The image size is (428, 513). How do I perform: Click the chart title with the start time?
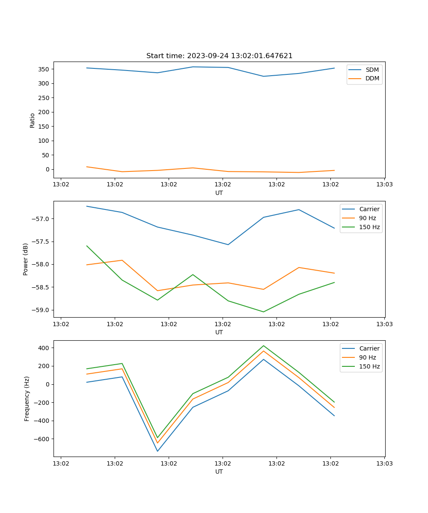219,56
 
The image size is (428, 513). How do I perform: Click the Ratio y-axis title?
33,120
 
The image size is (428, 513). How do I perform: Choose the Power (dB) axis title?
26,259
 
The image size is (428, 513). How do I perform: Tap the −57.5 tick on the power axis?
42,242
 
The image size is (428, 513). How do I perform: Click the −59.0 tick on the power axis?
42,310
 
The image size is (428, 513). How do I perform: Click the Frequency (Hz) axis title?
27,398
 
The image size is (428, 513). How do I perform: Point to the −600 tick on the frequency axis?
42,439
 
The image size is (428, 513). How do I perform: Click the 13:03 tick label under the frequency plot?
384,463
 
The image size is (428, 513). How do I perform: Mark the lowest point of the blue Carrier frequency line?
158,451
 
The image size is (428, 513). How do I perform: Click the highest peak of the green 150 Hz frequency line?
263,346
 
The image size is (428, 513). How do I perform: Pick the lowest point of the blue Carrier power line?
228,245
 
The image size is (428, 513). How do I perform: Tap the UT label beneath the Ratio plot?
219,193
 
